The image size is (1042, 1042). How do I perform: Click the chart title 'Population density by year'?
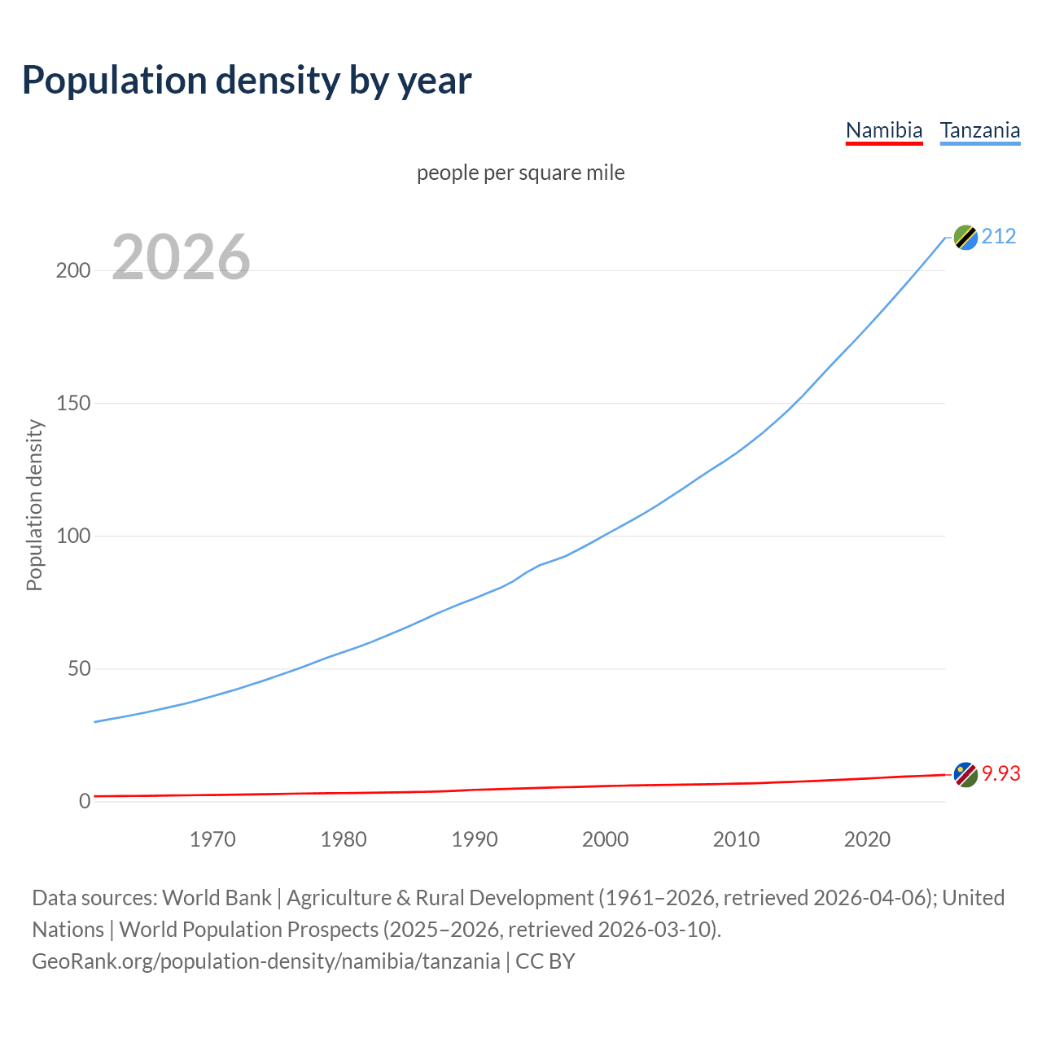click(247, 81)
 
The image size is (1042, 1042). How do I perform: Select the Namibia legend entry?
click(884, 130)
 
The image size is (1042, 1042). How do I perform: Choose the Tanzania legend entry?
click(980, 130)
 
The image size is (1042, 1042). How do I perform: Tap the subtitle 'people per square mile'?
click(521, 173)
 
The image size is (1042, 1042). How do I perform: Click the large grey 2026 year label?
click(181, 257)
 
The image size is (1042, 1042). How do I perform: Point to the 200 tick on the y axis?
click(73, 270)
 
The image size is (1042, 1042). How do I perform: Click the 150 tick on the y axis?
click(73, 403)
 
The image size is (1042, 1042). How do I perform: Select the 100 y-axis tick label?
click(73, 536)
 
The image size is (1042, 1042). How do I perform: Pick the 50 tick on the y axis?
click(79, 668)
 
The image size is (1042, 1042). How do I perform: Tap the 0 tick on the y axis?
click(85, 801)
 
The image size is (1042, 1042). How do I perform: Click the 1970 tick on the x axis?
click(212, 839)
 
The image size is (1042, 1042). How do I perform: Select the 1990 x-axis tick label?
click(475, 839)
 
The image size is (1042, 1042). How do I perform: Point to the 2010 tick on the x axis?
click(736, 839)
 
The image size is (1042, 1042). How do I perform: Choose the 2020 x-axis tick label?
click(867, 839)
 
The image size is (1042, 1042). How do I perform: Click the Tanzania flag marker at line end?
click(965, 237)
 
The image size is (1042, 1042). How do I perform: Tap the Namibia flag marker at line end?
click(965, 774)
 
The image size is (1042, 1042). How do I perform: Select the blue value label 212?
click(999, 236)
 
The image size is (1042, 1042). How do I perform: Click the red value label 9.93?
click(1000, 773)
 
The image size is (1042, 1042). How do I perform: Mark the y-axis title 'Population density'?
click(34, 505)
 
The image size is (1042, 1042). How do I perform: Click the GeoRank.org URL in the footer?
click(266, 961)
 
